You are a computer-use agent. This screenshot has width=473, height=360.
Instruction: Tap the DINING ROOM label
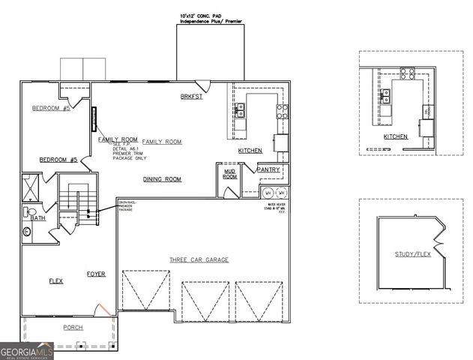[163, 179]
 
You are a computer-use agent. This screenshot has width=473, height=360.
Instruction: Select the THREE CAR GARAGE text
[199, 259]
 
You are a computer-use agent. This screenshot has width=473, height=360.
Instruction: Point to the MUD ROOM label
[230, 173]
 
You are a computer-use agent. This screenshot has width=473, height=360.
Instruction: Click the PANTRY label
[268, 169]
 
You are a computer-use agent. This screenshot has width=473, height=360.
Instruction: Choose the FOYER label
[96, 274]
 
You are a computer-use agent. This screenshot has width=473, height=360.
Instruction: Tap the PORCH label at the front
[73, 328]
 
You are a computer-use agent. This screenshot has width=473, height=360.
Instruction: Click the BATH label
[37, 218]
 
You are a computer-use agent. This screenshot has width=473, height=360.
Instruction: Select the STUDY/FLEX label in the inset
[413, 254]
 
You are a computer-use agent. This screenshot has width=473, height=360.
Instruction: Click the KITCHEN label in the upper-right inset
[395, 136]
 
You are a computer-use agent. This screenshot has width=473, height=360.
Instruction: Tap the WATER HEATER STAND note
[275, 208]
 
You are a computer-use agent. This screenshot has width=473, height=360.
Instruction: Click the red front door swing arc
[104, 308]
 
